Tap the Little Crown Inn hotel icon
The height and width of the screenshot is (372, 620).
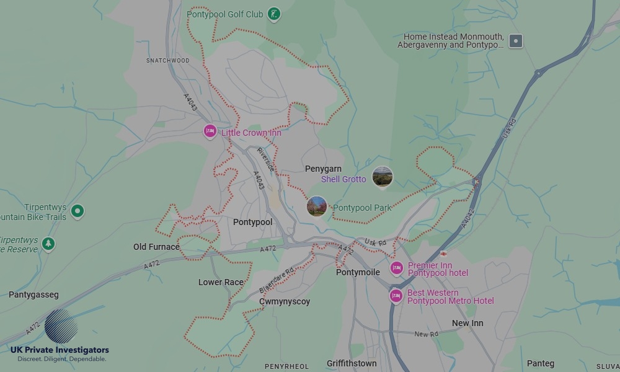tap(210, 131)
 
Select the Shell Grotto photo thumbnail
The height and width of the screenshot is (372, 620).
tap(382, 177)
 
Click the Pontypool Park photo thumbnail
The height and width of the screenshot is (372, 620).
tap(317, 206)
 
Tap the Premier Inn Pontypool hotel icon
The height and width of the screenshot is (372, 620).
tap(396, 268)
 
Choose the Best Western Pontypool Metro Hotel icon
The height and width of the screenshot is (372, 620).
tap(396, 296)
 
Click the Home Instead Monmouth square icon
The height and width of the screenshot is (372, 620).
tap(515, 42)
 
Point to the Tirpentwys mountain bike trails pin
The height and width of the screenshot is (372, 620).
tap(77, 211)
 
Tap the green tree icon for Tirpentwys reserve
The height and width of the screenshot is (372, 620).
tap(49, 244)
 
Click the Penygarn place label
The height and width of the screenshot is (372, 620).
tap(323, 169)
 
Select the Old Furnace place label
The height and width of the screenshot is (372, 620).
tap(156, 247)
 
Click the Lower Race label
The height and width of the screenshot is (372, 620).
tap(221, 282)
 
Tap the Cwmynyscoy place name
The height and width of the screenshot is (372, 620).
tap(285, 301)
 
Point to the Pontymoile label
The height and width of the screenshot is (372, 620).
tap(358, 272)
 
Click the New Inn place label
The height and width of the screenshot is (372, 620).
tap(467, 323)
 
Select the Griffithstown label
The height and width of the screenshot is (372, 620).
tap(352, 363)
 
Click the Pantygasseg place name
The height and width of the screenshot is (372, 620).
tap(33, 295)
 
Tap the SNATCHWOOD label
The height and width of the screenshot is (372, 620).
tap(167, 61)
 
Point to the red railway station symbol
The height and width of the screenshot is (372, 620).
tap(444, 254)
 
